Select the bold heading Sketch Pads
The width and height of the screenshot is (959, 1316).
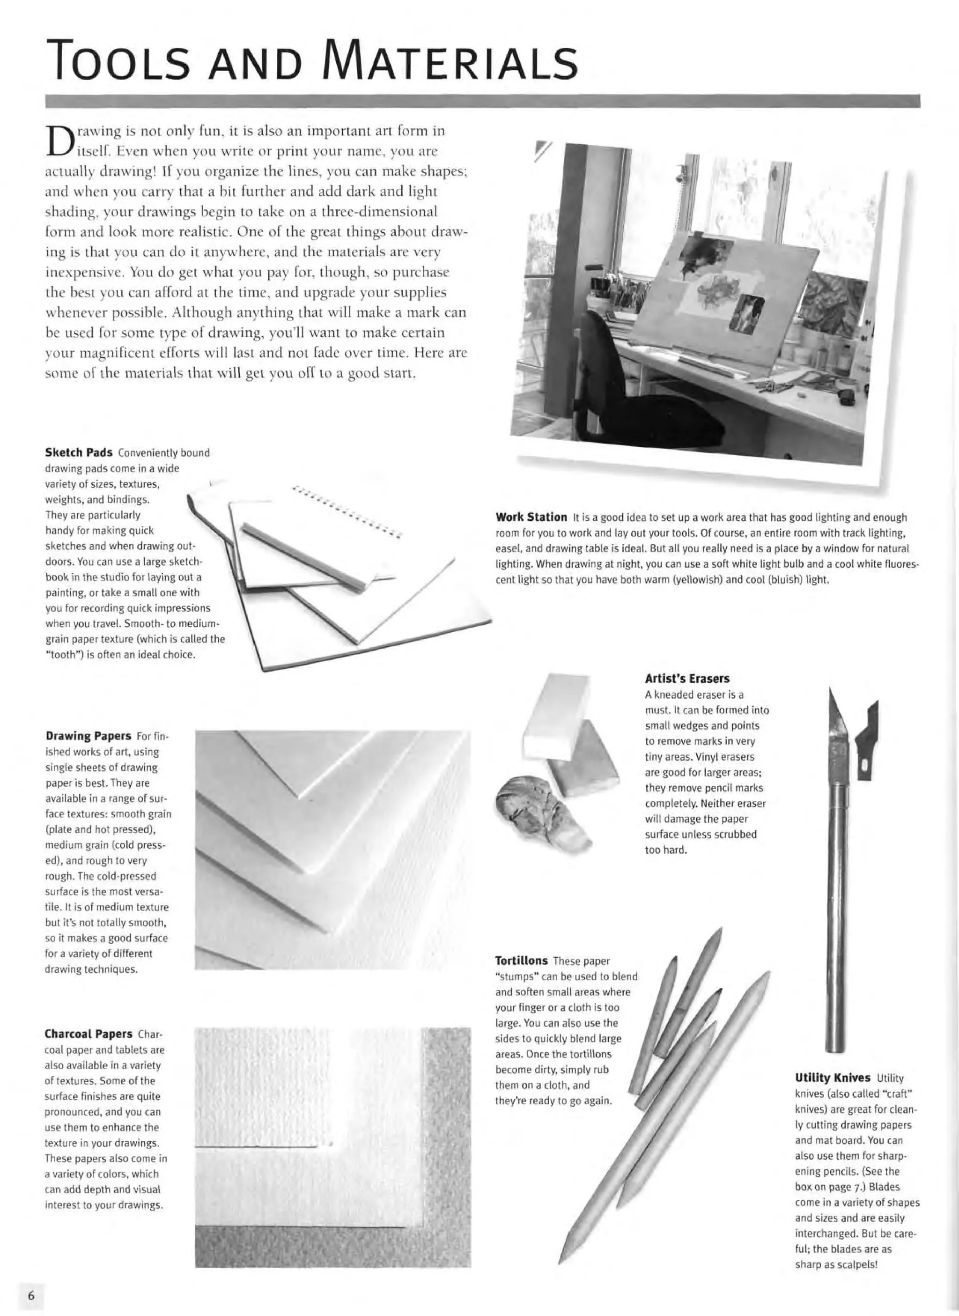point(78,453)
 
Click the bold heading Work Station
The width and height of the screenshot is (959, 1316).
point(531,517)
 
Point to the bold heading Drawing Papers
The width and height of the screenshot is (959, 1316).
point(88,736)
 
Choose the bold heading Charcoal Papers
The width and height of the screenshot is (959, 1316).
point(88,1034)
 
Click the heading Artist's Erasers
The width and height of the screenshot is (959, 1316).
point(687,679)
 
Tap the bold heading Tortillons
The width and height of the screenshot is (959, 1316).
point(521,961)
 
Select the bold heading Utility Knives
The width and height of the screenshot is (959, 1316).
point(833,1078)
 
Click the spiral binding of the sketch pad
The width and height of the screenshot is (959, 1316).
point(348,511)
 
